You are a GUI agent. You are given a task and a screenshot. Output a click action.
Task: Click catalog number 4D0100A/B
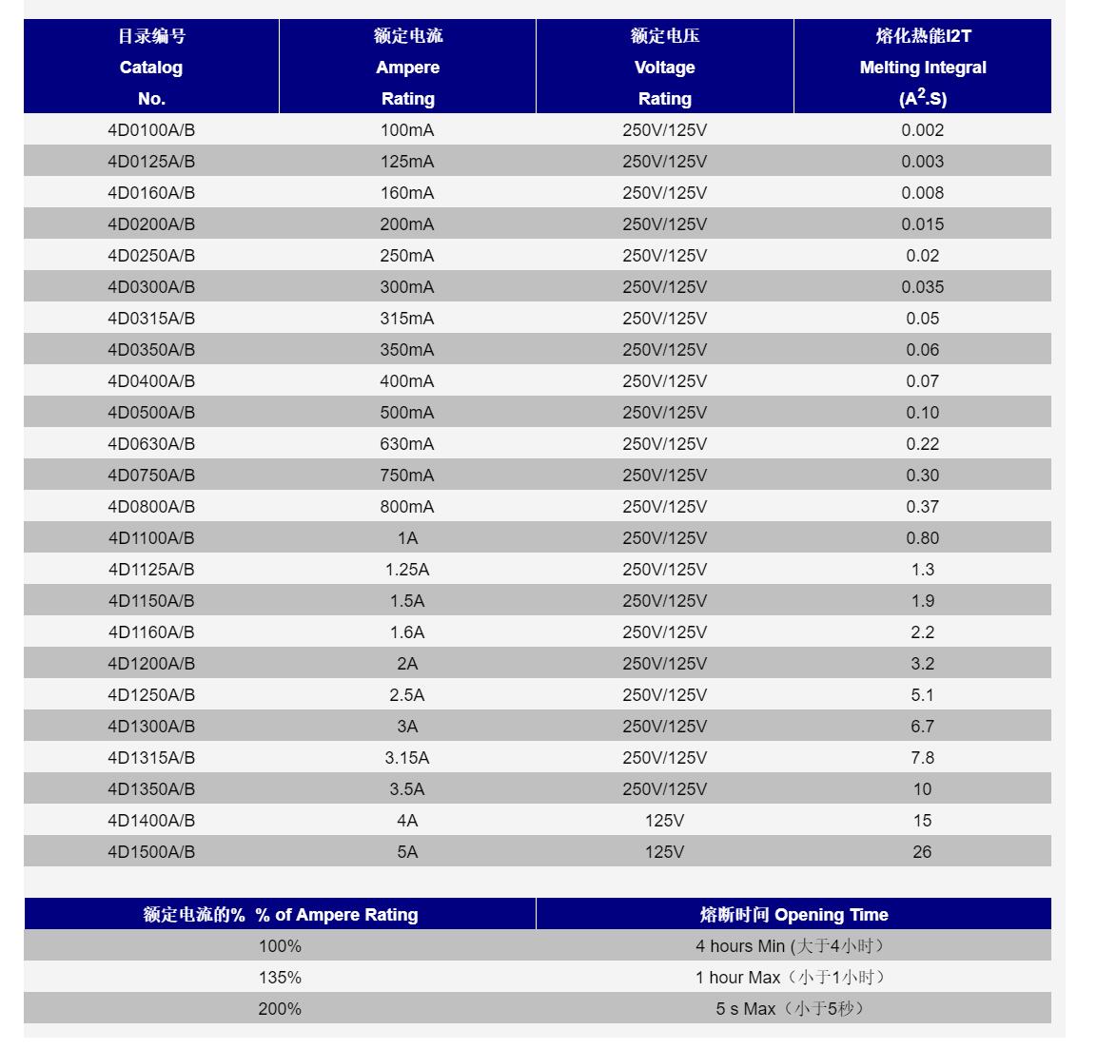tap(151, 130)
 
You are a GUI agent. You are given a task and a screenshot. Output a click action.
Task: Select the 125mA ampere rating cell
tap(407, 162)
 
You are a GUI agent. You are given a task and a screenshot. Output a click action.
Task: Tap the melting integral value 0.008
tap(922, 193)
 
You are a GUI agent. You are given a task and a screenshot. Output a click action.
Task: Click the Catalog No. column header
tap(151, 68)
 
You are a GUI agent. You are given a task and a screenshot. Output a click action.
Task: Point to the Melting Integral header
tap(922, 68)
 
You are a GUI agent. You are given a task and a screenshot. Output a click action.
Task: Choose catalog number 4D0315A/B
tap(151, 319)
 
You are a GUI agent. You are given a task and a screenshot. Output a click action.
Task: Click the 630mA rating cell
tap(407, 444)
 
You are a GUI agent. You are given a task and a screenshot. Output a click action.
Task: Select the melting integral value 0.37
tap(922, 507)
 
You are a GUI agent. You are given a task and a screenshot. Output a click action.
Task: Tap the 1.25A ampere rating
tap(407, 570)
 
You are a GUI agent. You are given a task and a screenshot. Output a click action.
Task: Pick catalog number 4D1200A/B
tap(151, 664)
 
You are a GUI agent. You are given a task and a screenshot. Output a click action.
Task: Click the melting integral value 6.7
tap(922, 727)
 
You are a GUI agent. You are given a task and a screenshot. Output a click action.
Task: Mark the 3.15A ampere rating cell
tap(407, 758)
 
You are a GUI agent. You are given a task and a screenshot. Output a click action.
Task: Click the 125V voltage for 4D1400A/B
tap(664, 821)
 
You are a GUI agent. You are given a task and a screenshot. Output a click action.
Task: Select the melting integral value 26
tap(922, 852)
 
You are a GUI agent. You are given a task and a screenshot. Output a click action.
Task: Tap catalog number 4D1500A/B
tap(151, 852)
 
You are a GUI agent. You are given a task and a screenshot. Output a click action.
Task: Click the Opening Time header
tap(793, 915)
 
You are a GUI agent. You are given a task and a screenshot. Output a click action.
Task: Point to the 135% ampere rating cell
tap(280, 978)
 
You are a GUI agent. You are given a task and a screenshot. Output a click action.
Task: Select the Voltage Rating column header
tap(664, 68)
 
